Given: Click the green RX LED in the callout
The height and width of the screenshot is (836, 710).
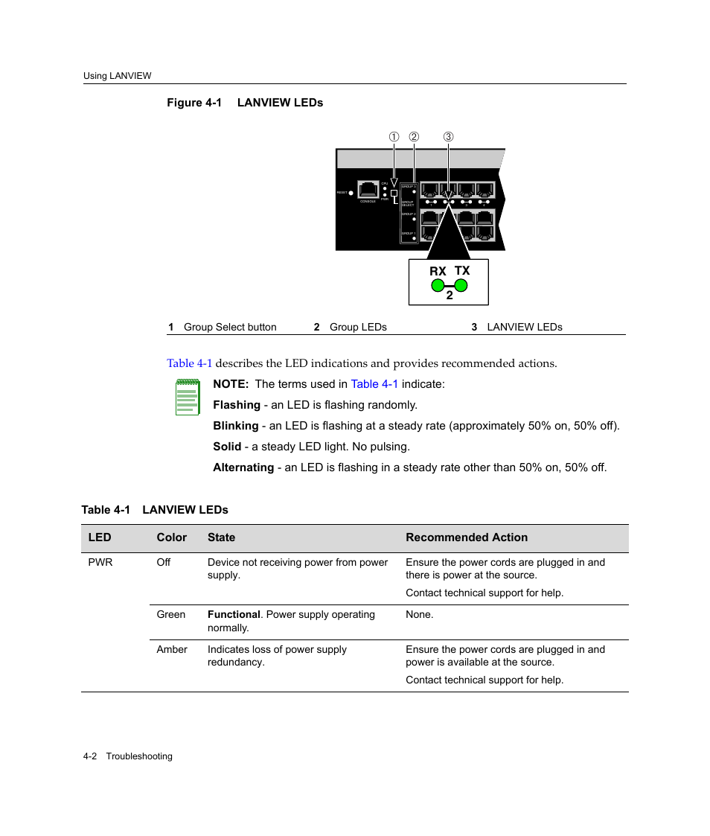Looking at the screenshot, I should click(x=438, y=285).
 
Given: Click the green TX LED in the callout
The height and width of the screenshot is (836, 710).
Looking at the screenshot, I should click(x=461, y=285).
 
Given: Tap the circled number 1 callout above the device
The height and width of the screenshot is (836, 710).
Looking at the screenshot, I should click(x=394, y=137).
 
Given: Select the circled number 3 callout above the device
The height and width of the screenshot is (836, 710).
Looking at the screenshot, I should click(x=448, y=137).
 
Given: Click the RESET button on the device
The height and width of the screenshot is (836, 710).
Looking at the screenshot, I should click(x=351, y=193).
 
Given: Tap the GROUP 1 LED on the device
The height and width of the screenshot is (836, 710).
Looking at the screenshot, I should click(x=414, y=238).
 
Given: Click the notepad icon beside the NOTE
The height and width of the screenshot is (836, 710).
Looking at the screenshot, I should click(x=188, y=396).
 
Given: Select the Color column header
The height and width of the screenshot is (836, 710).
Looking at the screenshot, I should click(x=172, y=537).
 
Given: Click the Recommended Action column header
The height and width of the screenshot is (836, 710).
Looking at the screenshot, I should click(x=467, y=537).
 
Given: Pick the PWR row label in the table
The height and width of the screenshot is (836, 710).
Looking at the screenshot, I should click(x=100, y=563).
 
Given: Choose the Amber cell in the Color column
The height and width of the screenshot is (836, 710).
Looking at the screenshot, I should click(x=172, y=650).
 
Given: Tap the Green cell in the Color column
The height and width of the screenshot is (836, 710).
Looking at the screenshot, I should click(x=171, y=615).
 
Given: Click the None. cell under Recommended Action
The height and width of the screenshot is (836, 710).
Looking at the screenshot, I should click(x=419, y=615).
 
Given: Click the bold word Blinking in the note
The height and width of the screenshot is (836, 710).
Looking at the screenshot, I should click(x=235, y=426).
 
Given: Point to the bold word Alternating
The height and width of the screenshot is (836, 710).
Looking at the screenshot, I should click(x=243, y=468).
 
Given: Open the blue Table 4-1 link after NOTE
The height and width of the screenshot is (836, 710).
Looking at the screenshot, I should click(x=374, y=384).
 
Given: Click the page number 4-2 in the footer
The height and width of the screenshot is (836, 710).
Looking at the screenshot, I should click(x=91, y=756).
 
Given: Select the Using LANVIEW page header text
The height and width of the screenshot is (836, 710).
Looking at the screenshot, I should click(x=118, y=76).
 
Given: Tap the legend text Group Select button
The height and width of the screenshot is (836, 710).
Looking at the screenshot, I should click(x=230, y=327).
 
